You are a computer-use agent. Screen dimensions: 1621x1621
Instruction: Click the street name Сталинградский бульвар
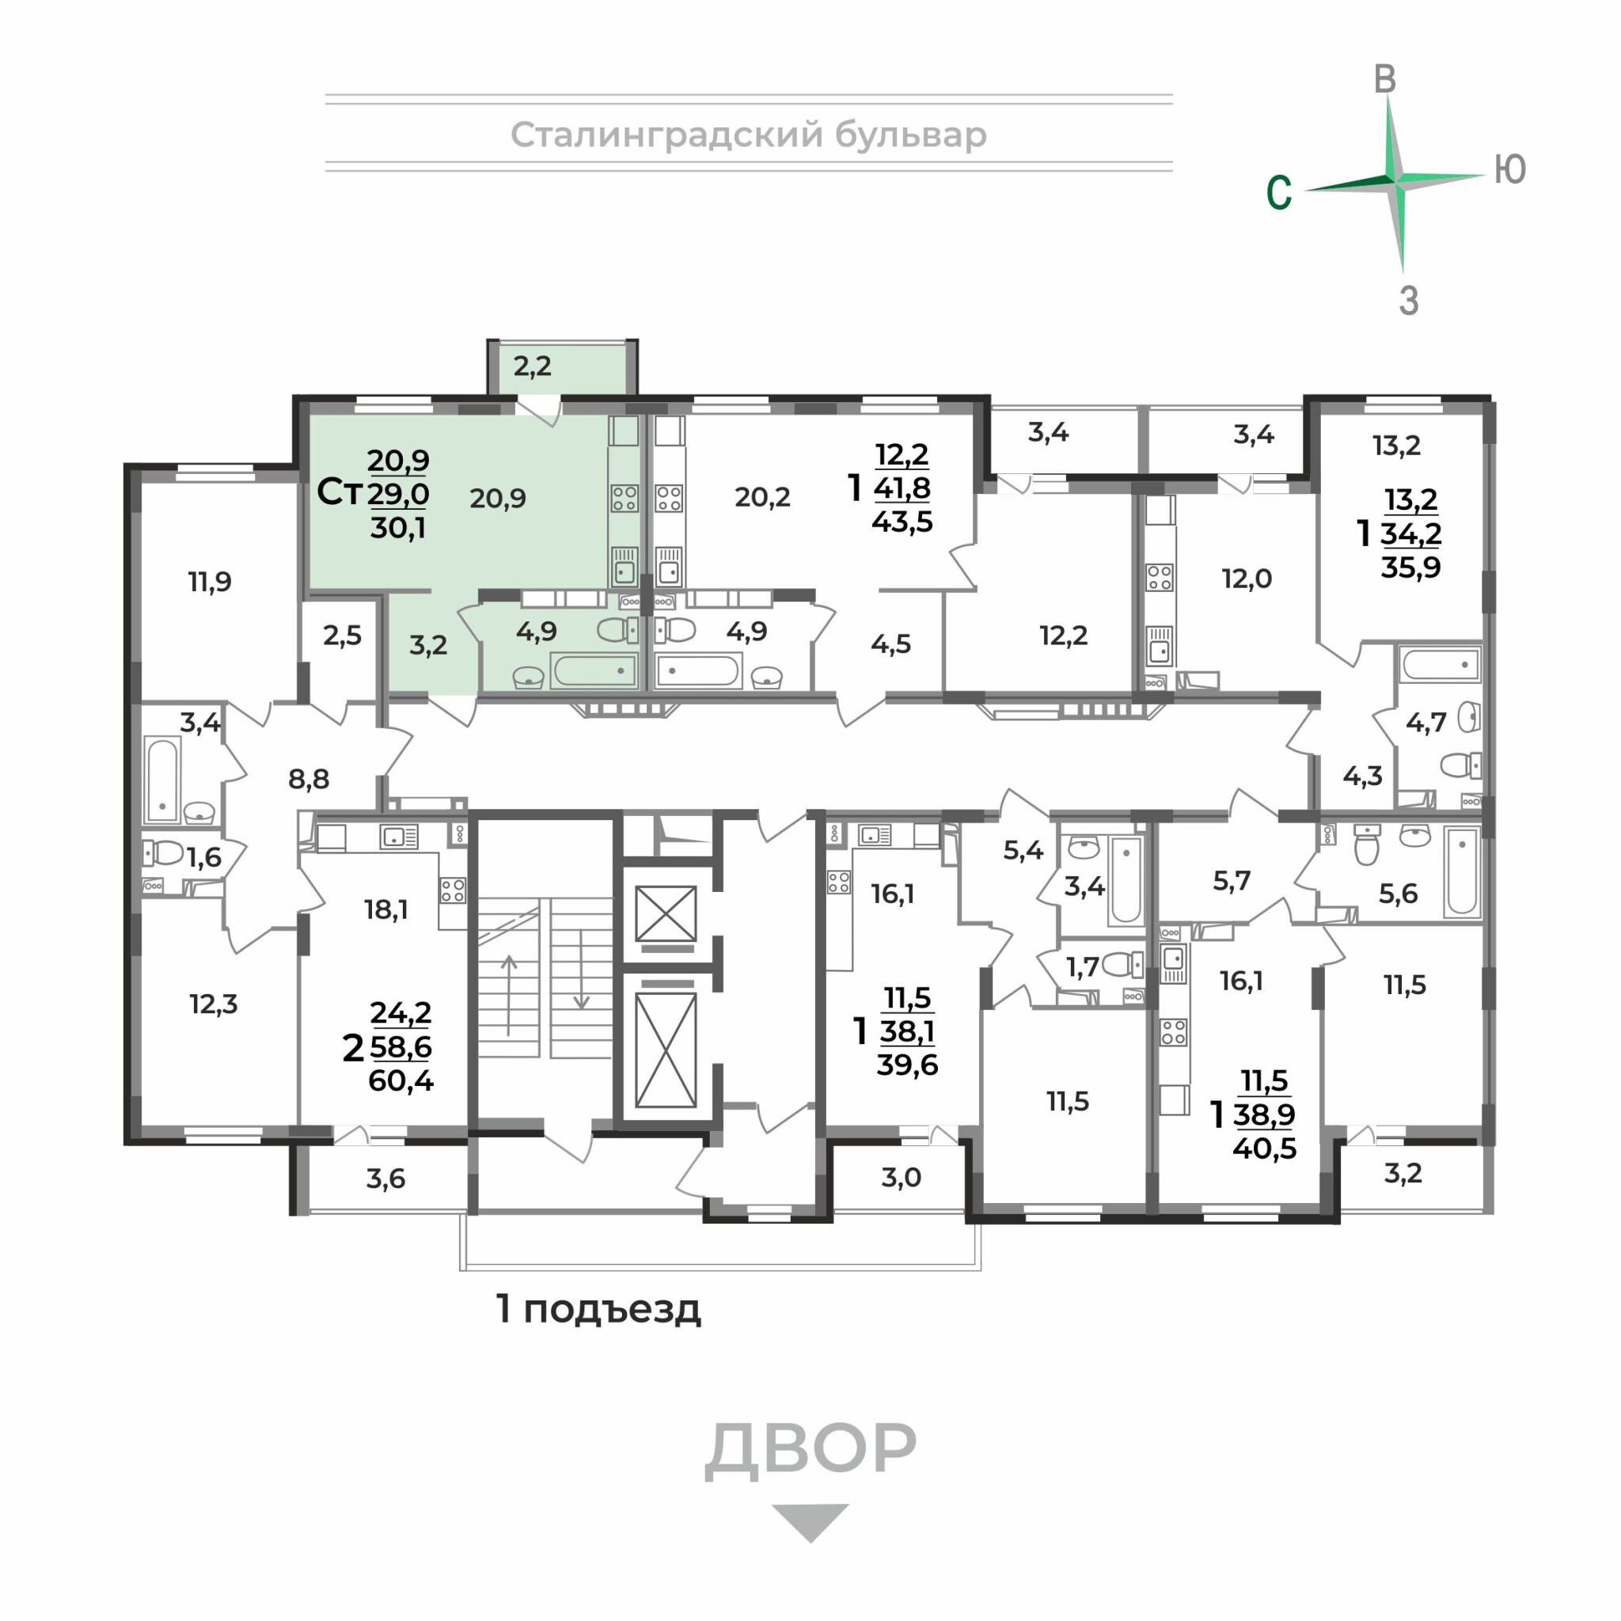point(749,135)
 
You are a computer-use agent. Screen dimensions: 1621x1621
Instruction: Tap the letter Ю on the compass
point(1510,169)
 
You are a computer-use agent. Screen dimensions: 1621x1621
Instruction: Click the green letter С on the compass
point(1279,192)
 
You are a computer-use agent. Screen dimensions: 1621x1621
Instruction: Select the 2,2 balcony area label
point(532,366)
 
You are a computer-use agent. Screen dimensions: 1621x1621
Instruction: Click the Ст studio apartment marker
point(339,492)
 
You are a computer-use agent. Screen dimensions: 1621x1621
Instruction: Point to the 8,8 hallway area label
point(309,779)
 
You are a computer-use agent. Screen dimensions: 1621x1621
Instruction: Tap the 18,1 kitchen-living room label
point(386,909)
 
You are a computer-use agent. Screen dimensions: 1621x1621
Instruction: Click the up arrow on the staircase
point(508,995)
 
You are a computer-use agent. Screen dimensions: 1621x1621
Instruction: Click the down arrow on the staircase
point(581,970)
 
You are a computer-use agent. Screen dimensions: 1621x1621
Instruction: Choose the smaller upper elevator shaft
point(666,913)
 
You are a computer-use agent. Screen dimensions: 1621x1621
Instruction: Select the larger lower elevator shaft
point(666,1050)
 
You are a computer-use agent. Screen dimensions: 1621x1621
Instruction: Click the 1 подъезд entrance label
point(598,1308)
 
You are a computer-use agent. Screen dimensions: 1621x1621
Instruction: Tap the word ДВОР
point(810,1448)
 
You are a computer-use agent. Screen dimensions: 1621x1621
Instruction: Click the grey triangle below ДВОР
point(810,1522)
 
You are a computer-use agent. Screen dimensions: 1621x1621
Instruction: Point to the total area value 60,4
point(401,1080)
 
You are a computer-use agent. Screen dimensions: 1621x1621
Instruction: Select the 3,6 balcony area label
point(386,1179)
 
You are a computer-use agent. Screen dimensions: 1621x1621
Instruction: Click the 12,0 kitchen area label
point(1247,578)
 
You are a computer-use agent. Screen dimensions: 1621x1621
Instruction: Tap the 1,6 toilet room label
point(204,856)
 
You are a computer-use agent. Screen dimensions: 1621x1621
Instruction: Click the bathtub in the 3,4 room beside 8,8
point(162,780)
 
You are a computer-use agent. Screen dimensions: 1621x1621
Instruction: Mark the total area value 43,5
point(902,522)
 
